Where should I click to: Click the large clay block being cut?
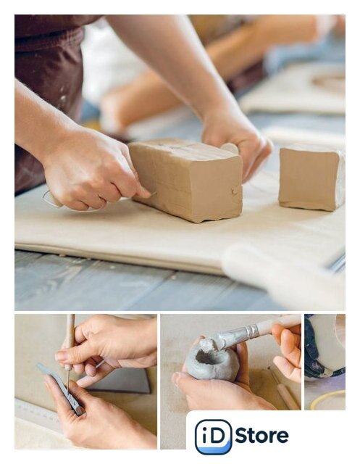[186, 179]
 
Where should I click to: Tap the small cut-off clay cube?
[311, 178]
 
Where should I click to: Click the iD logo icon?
[213, 436]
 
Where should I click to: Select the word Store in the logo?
[262, 436]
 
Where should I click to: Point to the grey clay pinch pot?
[212, 363]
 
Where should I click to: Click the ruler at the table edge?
[37, 412]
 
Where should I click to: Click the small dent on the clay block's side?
[235, 191]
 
